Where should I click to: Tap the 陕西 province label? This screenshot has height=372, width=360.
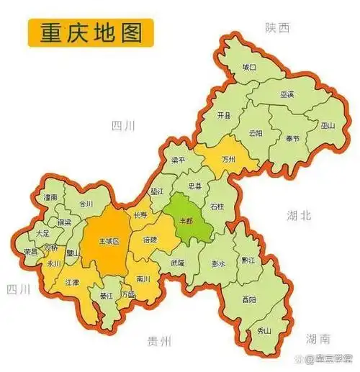[276, 27]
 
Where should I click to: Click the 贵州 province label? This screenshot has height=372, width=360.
[156, 341]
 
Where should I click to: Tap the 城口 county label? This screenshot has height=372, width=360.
[249, 67]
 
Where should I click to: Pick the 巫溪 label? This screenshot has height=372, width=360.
[287, 95]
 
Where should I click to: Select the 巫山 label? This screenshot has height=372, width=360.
[328, 124]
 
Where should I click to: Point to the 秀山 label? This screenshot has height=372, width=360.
[264, 331]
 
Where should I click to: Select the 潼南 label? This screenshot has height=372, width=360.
[50, 196]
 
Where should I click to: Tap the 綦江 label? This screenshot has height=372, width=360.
[107, 296]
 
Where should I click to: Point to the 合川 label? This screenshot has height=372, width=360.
[86, 204]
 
